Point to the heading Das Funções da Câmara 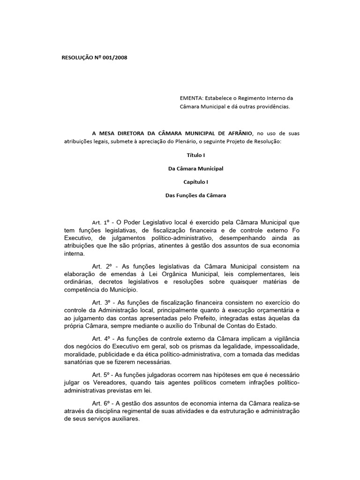[x=196, y=195]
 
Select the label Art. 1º [x=101, y=222]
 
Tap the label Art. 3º [x=101, y=302]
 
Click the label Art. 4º [x=101, y=338]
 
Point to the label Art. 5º [x=101, y=375]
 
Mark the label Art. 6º [x=101, y=403]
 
